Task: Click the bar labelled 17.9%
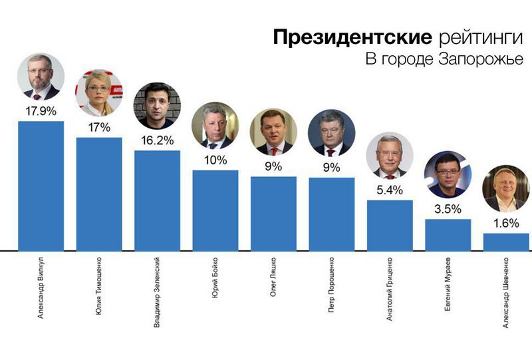pos(41,186)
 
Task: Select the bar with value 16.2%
pos(157,200)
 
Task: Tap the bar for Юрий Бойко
pos(215,210)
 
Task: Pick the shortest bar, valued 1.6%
pos(506,242)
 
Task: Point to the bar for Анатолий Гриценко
pos(390,226)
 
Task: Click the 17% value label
pos(99,126)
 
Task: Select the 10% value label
pos(215,160)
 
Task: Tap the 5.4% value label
pos(390,190)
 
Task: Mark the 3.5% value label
pos(448,209)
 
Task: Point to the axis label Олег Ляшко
pos(273,277)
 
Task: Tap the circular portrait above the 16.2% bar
pos(157,106)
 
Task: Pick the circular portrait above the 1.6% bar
pos(505,189)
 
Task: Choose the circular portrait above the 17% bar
pos(98,92)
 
